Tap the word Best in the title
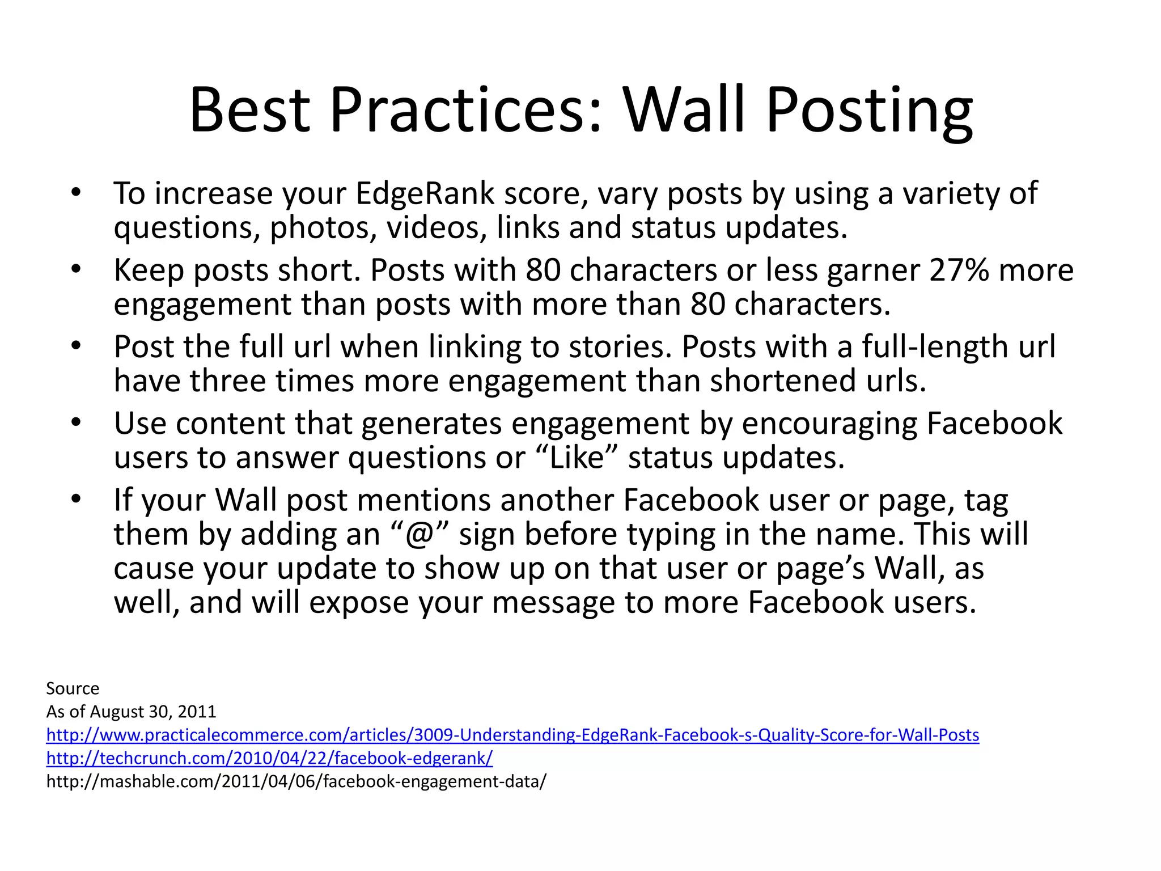coord(250,111)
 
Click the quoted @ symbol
coord(420,535)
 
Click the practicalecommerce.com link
coord(512,735)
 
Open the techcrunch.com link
coord(269,758)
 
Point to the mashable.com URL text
coord(296,781)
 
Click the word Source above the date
coord(73,688)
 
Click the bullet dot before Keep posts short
coord(77,269)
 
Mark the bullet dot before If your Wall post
coord(77,500)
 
